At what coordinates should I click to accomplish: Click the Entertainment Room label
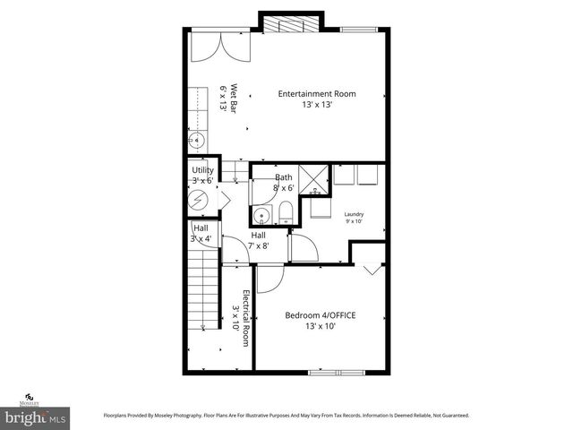tap(318, 93)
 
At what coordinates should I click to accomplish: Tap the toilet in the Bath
tap(284, 211)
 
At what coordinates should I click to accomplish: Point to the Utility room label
tap(202, 169)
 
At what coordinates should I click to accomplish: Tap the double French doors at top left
tap(217, 45)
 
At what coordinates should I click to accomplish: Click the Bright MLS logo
tap(36, 417)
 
